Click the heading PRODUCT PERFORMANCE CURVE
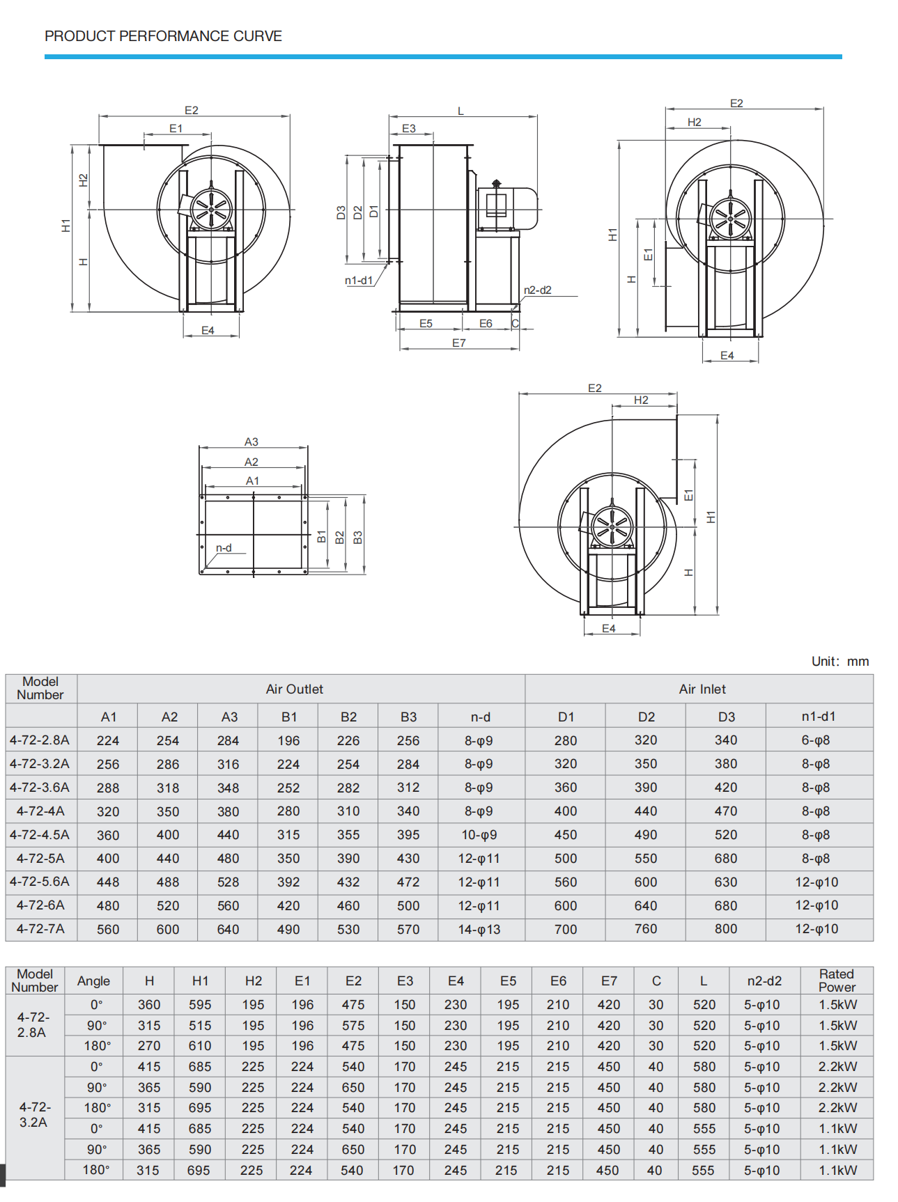(x=163, y=36)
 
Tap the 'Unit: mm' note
(x=839, y=661)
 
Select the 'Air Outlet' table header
(x=294, y=689)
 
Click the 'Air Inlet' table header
(x=702, y=689)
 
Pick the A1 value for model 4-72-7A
(x=108, y=929)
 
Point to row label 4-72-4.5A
(x=40, y=834)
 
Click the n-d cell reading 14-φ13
(x=479, y=929)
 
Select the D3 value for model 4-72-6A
(x=725, y=905)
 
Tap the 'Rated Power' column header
(x=836, y=980)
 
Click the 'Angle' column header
(x=93, y=981)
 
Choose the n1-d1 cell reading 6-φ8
(x=816, y=740)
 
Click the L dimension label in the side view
(x=460, y=111)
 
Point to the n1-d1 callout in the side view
(x=359, y=280)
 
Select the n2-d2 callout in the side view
(x=537, y=290)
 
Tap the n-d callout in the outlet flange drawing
(x=224, y=548)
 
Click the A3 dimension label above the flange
(x=251, y=442)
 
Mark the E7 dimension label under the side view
(x=458, y=343)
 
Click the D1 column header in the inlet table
(x=566, y=717)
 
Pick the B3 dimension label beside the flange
(x=357, y=537)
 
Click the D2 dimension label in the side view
(x=358, y=212)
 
